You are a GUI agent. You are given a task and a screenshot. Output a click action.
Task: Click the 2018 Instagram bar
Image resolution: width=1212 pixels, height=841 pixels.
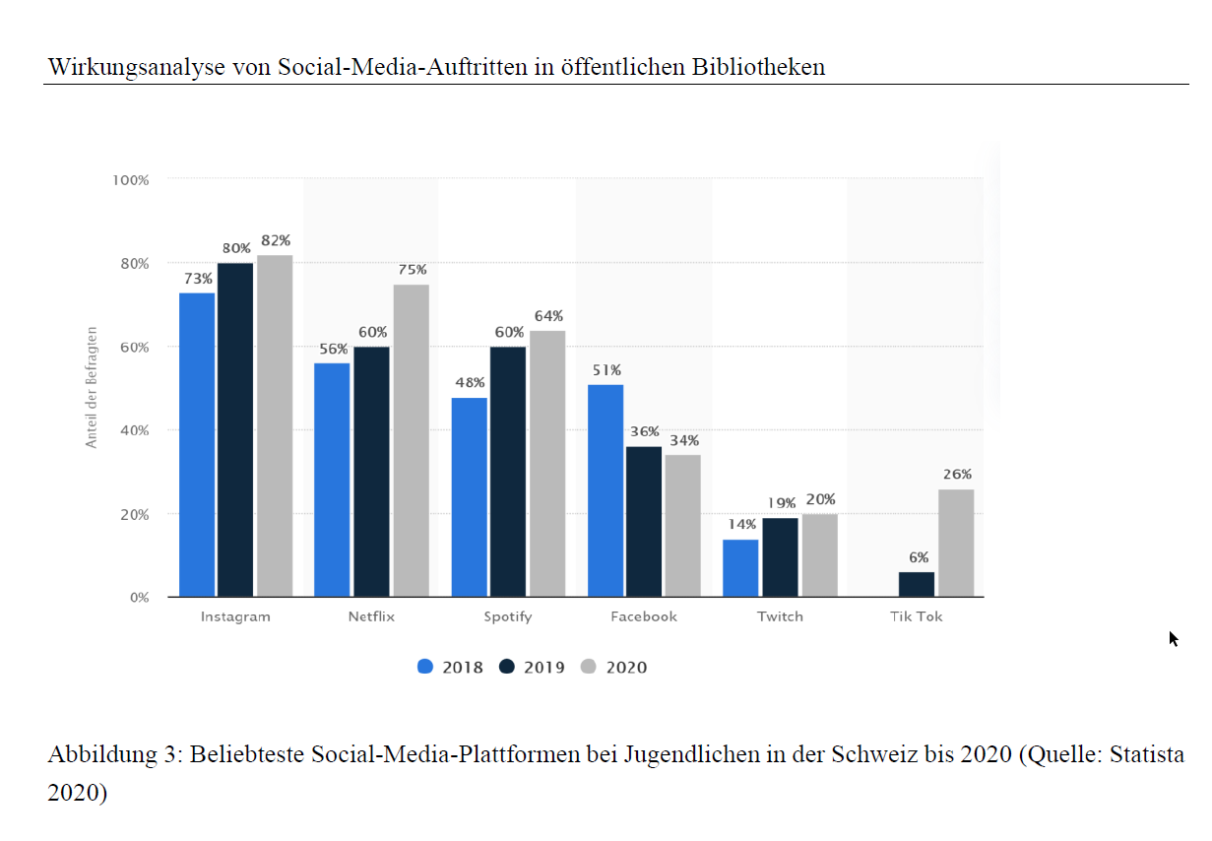click(x=197, y=444)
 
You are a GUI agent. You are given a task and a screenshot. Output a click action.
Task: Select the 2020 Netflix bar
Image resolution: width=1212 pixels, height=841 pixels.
click(x=411, y=440)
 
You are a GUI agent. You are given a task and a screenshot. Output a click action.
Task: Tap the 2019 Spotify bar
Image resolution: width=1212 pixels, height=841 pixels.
click(x=508, y=471)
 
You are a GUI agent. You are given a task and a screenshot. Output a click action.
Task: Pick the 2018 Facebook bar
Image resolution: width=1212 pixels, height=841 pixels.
click(x=606, y=490)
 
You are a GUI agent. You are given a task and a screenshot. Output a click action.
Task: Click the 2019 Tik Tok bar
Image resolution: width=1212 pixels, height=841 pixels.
click(x=917, y=584)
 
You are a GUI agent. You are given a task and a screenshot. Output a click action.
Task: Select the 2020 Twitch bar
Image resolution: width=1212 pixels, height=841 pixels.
click(x=819, y=555)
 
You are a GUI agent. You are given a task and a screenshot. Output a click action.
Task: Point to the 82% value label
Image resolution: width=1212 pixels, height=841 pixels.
click(x=276, y=241)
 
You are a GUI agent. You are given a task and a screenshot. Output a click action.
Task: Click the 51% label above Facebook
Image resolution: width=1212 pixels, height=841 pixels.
click(x=606, y=370)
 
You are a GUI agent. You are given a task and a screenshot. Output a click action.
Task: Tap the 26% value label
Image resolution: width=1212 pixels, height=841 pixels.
click(x=956, y=475)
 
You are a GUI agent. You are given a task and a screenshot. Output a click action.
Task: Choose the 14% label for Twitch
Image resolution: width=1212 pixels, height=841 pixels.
click(x=741, y=525)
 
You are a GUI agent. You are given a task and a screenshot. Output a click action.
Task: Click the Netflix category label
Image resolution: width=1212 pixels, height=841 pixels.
click(x=371, y=616)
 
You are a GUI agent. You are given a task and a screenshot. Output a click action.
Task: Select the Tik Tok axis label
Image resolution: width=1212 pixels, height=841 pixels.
click(x=916, y=616)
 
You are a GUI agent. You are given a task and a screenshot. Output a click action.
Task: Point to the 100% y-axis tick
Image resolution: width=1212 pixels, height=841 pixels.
click(x=131, y=180)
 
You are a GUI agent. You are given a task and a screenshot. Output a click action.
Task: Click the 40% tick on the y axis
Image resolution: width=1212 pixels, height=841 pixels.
click(x=135, y=430)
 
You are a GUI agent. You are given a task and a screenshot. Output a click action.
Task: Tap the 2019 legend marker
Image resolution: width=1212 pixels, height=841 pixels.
click(x=507, y=667)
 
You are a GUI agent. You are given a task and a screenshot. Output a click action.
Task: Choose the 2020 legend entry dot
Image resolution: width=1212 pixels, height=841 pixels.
click(x=589, y=667)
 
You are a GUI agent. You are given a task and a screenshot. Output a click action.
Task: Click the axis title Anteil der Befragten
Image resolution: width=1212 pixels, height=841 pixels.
click(x=92, y=388)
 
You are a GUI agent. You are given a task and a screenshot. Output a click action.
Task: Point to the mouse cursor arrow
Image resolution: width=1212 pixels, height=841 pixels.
click(x=1173, y=638)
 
